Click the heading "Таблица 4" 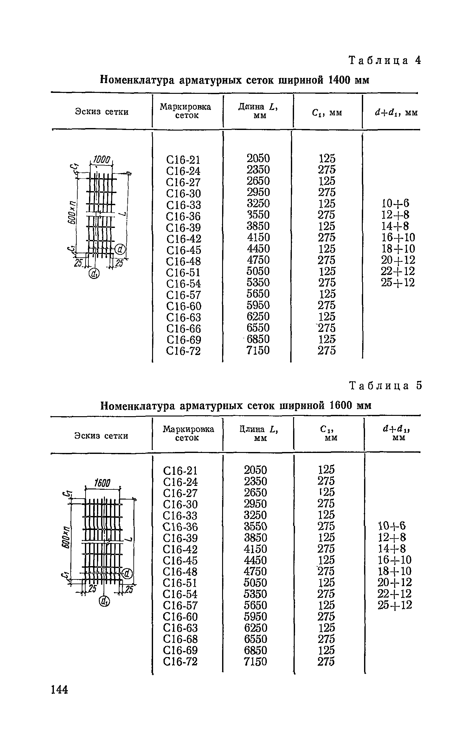[x=385, y=60]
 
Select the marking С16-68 [x=180, y=639]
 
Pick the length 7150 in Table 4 [x=258, y=350]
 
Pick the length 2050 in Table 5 [x=255, y=469]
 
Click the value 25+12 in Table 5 [x=395, y=605]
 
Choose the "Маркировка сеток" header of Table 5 [x=188, y=433]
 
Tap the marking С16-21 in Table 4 [x=183, y=160]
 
